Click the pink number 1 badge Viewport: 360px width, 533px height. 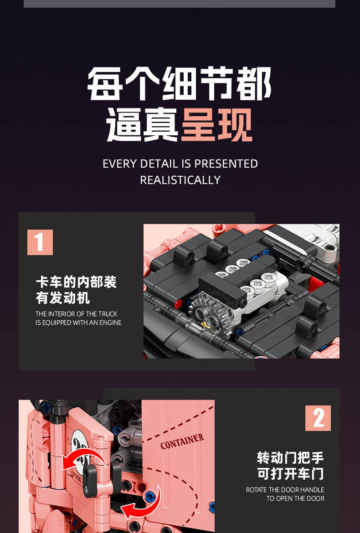[x=40, y=242]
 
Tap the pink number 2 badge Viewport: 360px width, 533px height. [x=318, y=418]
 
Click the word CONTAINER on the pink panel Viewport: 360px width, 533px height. [x=182, y=441]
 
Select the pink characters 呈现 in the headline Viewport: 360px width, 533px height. [x=217, y=125]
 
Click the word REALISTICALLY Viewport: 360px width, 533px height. [x=180, y=180]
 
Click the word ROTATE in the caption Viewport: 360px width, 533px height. [x=256, y=490]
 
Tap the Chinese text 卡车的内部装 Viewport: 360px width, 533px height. [x=76, y=282]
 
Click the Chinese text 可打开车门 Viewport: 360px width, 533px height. [x=291, y=474]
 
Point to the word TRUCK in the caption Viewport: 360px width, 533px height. [x=108, y=314]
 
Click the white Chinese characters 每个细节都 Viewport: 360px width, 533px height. [x=180, y=84]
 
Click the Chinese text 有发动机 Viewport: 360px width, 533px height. [x=63, y=298]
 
